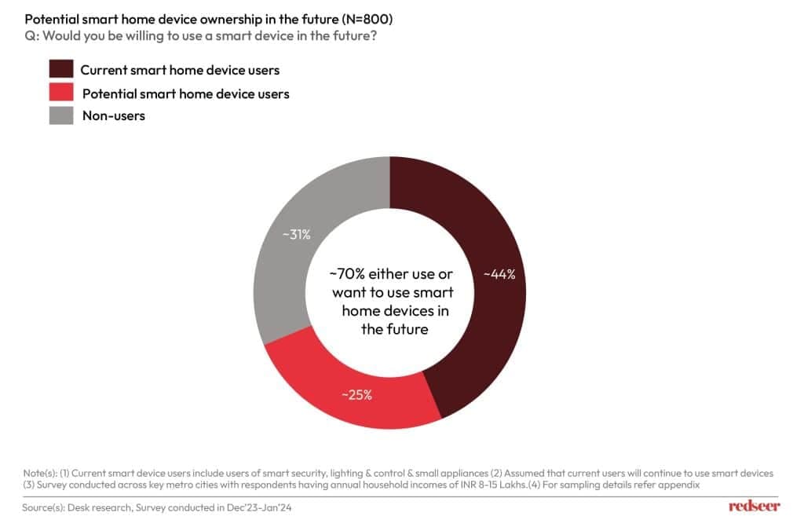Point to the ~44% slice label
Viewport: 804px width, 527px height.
click(499, 275)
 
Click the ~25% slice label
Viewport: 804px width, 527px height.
click(356, 394)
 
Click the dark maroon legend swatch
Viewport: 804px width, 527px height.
click(61, 70)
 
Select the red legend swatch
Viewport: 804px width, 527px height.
click(61, 93)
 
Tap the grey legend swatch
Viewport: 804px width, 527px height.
click(61, 115)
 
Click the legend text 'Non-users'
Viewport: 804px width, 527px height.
click(113, 115)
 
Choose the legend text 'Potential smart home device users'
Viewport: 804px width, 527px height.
click(185, 93)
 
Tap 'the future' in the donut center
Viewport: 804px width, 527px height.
click(394, 329)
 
